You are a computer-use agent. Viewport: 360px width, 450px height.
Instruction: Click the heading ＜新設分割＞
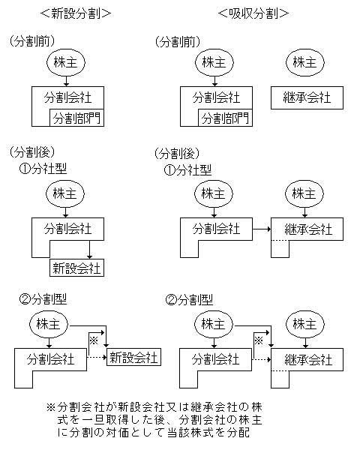coord(76,13)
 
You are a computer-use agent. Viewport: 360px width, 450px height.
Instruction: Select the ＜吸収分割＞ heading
coord(253,13)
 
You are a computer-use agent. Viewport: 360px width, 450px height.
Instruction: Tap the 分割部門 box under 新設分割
coord(76,118)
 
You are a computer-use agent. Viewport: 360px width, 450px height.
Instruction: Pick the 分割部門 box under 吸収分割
coord(225,118)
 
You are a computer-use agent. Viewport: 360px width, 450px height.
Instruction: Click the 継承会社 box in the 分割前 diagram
coord(307,97)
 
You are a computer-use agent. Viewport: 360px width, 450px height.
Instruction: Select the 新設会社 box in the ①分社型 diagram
coord(76,268)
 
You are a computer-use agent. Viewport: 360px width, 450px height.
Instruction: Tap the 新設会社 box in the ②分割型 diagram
coord(133,357)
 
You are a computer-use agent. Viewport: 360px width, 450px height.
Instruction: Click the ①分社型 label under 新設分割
coord(43,169)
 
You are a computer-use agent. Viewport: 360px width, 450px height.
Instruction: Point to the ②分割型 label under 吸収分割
coord(189,300)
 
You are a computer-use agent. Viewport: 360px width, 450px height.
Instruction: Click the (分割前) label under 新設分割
coord(31,41)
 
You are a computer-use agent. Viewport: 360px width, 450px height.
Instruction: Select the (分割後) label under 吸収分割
coord(177,154)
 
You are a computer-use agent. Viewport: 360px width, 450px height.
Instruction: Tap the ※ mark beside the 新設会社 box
coord(94,340)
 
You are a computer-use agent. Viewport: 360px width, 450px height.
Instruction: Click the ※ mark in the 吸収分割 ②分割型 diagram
coord(259,340)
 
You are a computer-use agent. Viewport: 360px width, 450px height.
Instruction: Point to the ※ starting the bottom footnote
coord(50,407)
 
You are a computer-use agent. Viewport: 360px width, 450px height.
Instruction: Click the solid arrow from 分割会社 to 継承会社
coord(262,229)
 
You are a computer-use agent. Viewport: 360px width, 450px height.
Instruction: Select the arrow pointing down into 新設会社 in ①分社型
coord(89,250)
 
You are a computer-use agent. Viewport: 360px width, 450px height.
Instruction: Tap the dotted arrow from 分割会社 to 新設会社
coord(97,358)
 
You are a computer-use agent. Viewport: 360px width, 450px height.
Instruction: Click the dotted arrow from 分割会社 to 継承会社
coord(261,359)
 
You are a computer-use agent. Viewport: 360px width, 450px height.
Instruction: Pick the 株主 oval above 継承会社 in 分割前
coord(305,62)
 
